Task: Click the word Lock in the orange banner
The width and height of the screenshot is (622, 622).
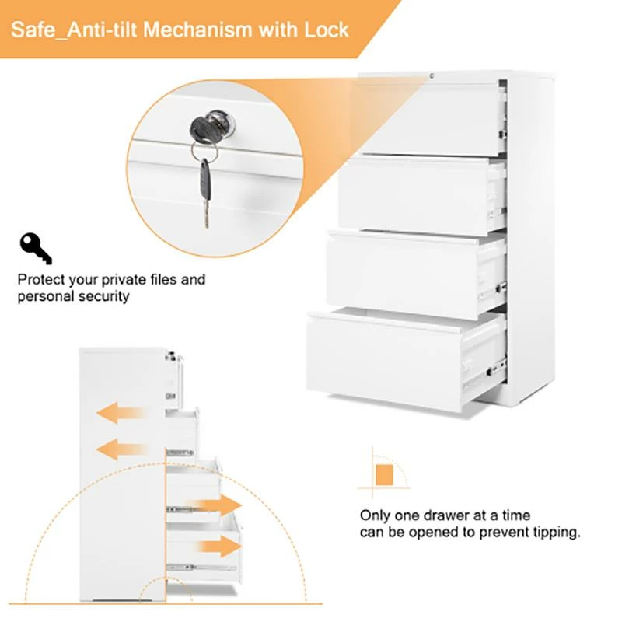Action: coord(327,30)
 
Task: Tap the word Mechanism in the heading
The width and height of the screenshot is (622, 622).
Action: coord(197,30)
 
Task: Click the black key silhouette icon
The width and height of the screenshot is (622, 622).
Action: coord(35,248)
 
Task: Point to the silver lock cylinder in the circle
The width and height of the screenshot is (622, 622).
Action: coord(222,121)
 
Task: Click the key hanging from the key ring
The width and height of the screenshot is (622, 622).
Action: coord(204,192)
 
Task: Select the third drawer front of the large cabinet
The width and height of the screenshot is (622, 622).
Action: coord(402,276)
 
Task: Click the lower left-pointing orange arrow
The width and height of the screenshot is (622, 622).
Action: coord(122,449)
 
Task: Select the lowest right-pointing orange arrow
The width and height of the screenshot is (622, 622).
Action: coord(219,547)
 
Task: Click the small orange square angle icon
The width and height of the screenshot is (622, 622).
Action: coord(384,475)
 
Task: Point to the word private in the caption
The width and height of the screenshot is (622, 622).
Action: coord(124,280)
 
